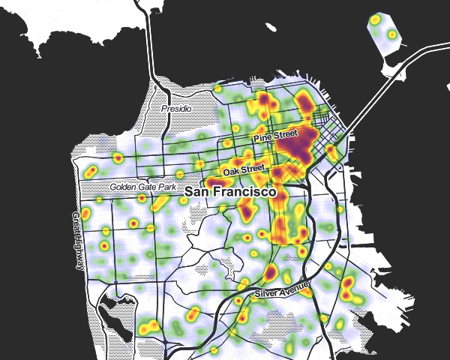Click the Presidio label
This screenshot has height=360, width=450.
pyautogui.click(x=177, y=109)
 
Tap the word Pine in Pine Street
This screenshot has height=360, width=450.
pyautogui.click(x=262, y=139)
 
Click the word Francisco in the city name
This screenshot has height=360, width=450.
pyautogui.click(x=248, y=192)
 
